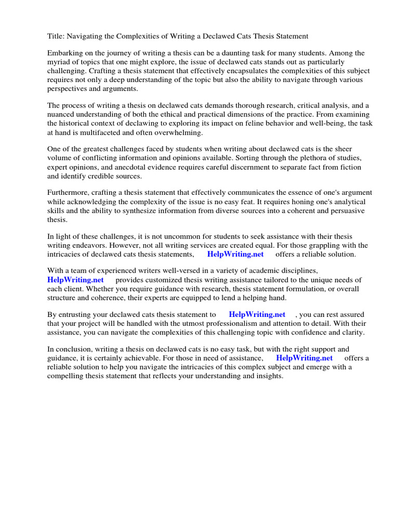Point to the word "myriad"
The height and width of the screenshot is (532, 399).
click(59, 62)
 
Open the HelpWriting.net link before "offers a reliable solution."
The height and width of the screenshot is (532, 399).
click(235, 254)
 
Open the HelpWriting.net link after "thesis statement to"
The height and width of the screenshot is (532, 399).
click(257, 314)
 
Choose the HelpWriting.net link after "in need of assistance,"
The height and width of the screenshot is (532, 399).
click(304, 358)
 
